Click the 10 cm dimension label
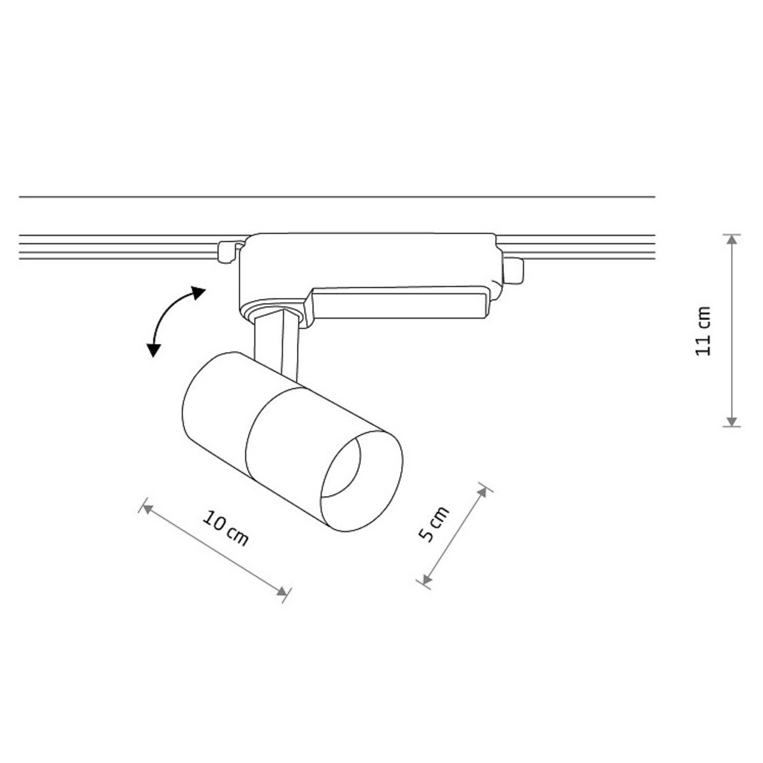tap(226, 528)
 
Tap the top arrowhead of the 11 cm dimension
tap(732, 240)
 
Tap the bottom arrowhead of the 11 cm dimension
tap(732, 421)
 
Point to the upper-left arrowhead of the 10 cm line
tap(147, 507)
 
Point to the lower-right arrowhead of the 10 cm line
tap(283, 591)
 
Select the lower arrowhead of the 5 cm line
tap(425, 579)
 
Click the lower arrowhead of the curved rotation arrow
tap(153, 349)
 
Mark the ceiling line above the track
tap(337, 197)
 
